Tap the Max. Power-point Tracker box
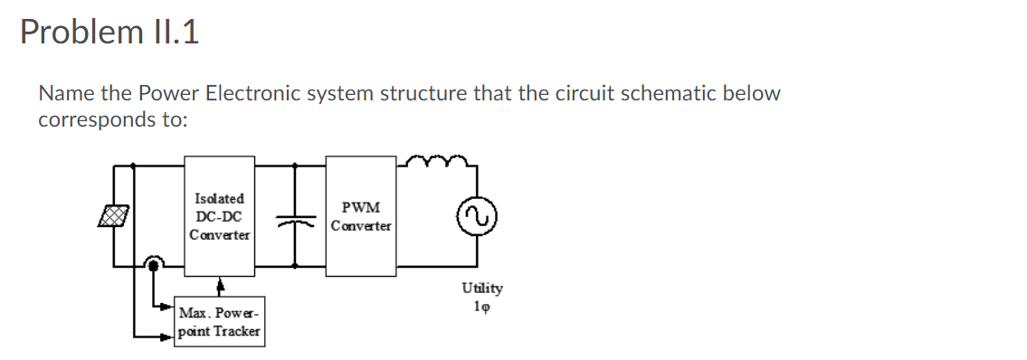click(x=220, y=322)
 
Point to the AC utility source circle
click(x=477, y=216)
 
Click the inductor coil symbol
click(x=437, y=163)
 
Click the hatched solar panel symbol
click(x=114, y=215)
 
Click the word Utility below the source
click(x=482, y=288)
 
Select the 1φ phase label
click(x=482, y=305)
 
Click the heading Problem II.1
click(x=109, y=33)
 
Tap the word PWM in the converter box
click(x=361, y=207)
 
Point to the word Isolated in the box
click(x=219, y=197)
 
